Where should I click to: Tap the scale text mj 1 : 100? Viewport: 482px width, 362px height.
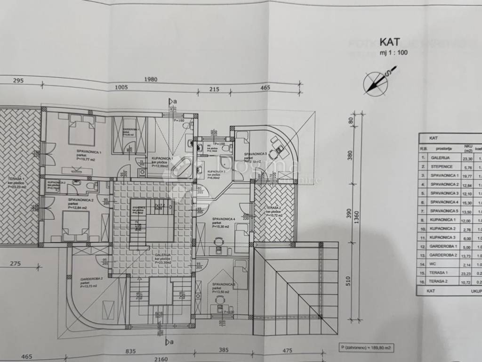[393, 53]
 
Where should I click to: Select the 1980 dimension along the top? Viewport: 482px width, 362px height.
[151, 79]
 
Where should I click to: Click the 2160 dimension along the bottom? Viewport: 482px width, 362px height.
[161, 359]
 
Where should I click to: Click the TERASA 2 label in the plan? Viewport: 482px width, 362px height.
[273, 207]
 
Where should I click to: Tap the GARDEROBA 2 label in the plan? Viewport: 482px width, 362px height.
[91, 279]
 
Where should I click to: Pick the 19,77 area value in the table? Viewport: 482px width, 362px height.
[468, 176]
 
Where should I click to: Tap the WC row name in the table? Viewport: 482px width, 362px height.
[434, 264]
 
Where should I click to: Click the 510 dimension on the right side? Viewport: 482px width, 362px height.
[349, 281]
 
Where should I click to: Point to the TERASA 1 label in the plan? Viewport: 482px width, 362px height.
[16, 180]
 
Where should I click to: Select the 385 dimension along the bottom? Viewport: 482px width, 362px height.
[223, 350]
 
